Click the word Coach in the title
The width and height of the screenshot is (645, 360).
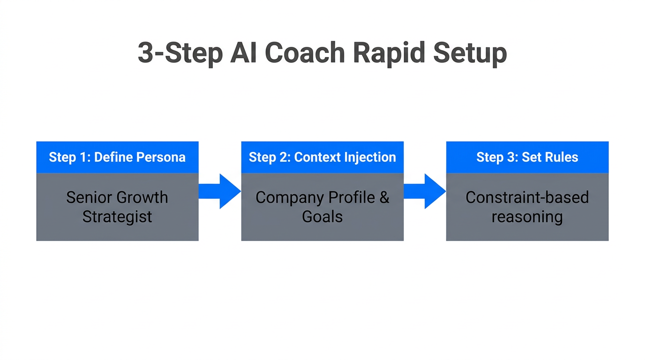tap(305, 53)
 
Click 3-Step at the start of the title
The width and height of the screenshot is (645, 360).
tap(180, 53)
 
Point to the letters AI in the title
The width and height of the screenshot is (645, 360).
tap(244, 53)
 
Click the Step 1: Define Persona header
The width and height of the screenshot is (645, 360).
tap(117, 157)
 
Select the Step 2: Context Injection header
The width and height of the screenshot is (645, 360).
tap(322, 157)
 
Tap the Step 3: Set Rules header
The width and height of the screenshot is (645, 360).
tap(527, 157)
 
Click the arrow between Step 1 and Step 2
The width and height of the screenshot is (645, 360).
tap(219, 191)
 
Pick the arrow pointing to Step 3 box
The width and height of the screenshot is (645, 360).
tap(424, 191)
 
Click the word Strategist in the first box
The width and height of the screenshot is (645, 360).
tap(117, 217)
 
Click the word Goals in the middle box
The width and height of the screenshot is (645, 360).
tap(322, 217)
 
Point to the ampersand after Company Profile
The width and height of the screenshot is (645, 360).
tap(384, 197)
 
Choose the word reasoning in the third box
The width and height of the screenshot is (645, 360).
tap(527, 217)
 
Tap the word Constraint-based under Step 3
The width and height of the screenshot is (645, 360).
tap(527, 197)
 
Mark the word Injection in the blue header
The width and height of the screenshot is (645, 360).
tap(370, 157)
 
